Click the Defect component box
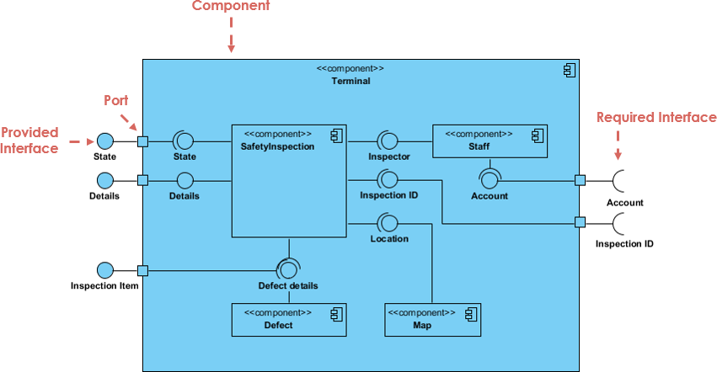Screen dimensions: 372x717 (289, 319)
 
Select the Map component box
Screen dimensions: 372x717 (431, 319)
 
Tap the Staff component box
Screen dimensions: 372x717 (490, 141)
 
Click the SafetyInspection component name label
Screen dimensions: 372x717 (277, 146)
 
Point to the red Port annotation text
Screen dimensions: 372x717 (116, 99)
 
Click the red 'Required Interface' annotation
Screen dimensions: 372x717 (655, 118)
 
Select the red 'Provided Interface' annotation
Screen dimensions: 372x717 (29, 141)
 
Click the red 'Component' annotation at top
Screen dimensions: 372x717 (231, 7)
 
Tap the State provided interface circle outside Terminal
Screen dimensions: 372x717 (105, 141)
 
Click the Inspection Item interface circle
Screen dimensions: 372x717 (105, 270)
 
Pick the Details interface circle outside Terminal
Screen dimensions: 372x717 (105, 180)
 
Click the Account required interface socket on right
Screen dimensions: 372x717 (619, 180)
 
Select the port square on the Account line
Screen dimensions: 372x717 (580, 180)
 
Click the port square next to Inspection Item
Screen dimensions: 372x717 (142, 270)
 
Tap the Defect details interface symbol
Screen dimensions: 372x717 (288, 269)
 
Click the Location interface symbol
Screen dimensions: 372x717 (388, 222)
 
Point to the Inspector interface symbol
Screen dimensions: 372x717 (388, 141)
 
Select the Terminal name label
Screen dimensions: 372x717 (350, 81)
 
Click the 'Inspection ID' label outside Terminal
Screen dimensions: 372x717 (624, 244)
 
